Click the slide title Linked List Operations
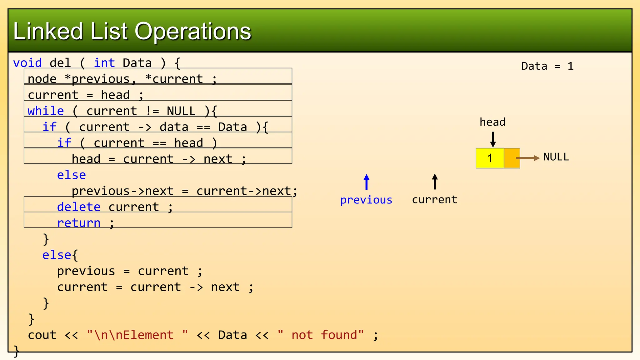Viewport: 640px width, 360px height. click(x=132, y=32)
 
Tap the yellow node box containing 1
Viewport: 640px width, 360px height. click(x=490, y=158)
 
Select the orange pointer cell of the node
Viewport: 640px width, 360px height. click(x=511, y=158)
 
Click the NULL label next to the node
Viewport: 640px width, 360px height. click(x=556, y=157)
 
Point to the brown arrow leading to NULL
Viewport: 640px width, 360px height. click(x=528, y=158)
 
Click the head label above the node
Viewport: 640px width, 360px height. click(x=492, y=122)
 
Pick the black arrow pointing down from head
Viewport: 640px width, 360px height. click(x=493, y=139)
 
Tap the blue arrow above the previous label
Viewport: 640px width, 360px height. click(x=367, y=182)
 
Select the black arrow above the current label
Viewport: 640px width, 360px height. click(x=435, y=182)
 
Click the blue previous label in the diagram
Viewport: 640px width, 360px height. click(x=366, y=200)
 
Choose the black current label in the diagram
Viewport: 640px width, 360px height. click(x=434, y=200)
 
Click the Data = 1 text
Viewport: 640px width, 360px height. click(x=547, y=66)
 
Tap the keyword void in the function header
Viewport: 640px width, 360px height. click(x=27, y=63)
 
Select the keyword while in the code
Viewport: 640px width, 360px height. click(x=46, y=111)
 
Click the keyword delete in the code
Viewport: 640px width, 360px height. click(x=79, y=207)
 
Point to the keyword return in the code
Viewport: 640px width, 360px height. click(x=79, y=223)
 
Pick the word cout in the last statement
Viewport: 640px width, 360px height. click(x=42, y=335)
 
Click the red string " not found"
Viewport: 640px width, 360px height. click(x=321, y=335)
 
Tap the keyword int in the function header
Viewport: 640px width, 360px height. click(x=104, y=63)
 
